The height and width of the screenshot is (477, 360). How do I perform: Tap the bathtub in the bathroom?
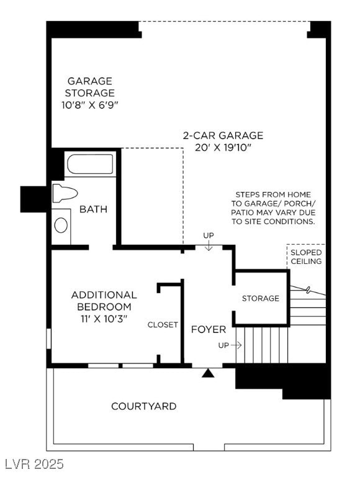pos(90,165)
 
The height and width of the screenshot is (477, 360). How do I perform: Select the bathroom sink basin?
pos(61,224)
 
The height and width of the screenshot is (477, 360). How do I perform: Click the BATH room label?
pos(93,209)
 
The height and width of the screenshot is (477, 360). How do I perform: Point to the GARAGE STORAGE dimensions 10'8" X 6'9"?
pos(90,105)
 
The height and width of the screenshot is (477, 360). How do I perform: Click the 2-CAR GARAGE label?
pos(223,135)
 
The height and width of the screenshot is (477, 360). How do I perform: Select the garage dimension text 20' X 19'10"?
pos(223,148)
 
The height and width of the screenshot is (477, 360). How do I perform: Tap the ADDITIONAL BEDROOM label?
pos(104,301)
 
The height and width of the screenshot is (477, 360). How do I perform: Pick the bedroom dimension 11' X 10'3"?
pos(104,319)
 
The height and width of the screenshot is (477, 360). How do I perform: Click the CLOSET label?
pos(163,325)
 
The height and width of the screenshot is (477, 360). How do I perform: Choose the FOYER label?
pos(208,329)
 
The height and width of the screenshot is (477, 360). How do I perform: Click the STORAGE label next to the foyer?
pos(261,299)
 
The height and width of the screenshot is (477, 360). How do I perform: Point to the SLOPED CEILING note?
pos(306,257)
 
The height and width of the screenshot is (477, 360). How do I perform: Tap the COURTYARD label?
pos(143,406)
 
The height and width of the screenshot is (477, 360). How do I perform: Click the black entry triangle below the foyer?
pos(209,373)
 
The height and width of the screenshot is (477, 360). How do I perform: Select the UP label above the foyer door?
pos(209,235)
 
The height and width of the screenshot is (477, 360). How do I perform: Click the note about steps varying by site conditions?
pos(273,208)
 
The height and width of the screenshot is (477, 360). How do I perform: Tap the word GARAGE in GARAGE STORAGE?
pos(90,81)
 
